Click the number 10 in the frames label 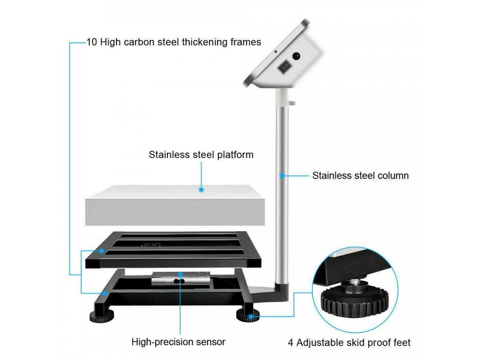point(92,42)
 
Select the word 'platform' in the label point(235,155)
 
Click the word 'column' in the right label point(393,176)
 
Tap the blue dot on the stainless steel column point(282,175)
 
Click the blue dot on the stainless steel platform point(201,190)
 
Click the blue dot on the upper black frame point(101,251)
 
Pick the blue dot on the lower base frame point(105,293)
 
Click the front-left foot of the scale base point(102,316)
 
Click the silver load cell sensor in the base point(181,278)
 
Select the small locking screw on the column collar point(292,103)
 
